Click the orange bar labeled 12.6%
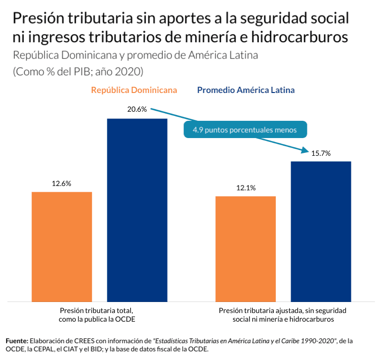62,246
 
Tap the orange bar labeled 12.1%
246,249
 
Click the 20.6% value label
137,109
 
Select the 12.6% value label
62,183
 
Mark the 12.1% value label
246,187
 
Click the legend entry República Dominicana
134,90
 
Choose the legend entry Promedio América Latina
246,90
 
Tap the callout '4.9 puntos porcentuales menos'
245,129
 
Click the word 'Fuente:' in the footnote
17,341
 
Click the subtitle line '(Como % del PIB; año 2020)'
78,71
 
